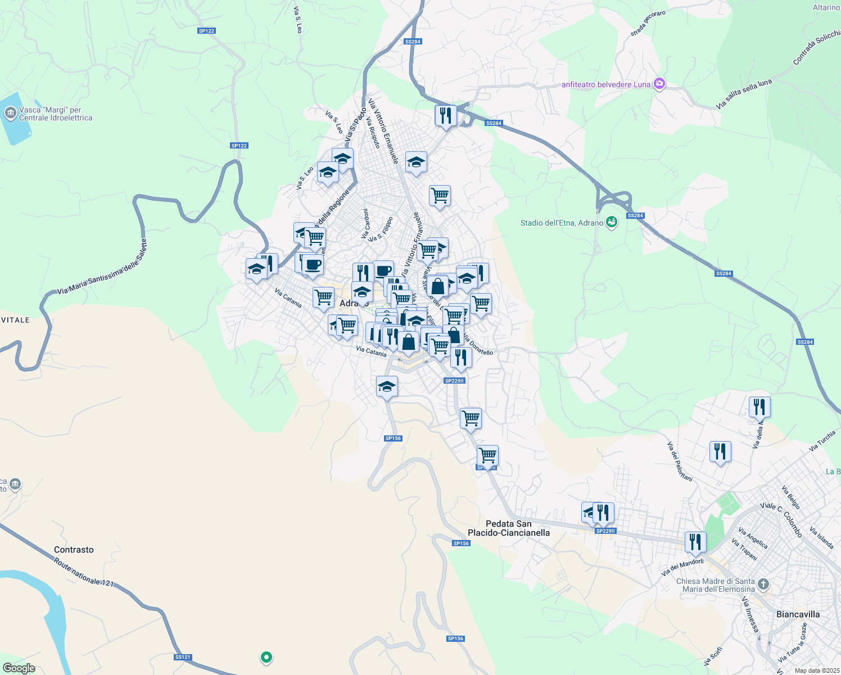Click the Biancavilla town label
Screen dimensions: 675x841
pos(798,614)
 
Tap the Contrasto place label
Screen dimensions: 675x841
pos(74,550)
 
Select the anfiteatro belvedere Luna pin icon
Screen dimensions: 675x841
pos(659,84)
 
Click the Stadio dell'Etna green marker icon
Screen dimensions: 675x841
pos(612,223)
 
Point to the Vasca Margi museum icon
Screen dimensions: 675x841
pos(10,114)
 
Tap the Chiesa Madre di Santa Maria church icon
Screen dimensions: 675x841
pos(763,584)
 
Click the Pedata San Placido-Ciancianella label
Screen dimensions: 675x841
pos(509,528)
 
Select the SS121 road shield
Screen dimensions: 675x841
pos(183,657)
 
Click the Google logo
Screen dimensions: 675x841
pos(19,668)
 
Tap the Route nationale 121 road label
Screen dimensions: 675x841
pos(84,573)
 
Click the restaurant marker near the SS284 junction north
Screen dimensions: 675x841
pos(445,116)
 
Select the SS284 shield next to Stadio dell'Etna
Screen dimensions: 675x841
pos(635,216)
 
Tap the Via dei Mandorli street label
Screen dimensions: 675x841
pos(682,567)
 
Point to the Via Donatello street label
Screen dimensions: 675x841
pos(478,345)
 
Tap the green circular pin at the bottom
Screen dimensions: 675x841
pos(266,656)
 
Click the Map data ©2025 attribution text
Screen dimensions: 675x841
pos(815,670)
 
